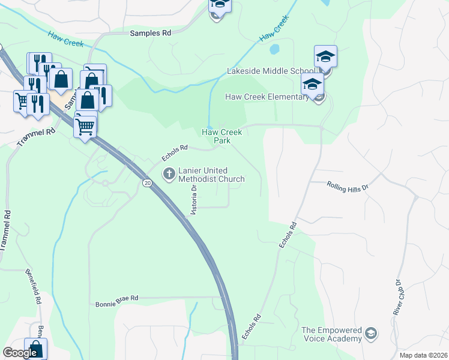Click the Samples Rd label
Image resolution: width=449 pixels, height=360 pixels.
coord(151,34)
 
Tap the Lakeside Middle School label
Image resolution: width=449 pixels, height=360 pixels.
coord(267,71)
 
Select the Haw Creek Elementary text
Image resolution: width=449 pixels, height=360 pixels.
coord(267,97)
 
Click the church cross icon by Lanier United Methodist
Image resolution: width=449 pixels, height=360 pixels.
coord(169,174)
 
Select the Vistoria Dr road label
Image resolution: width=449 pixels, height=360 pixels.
coord(193,200)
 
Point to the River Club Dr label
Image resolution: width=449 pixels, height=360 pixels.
coord(397,299)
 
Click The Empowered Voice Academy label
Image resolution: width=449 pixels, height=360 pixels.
coord(331,334)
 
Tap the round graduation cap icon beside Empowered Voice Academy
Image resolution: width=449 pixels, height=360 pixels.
coord(372,332)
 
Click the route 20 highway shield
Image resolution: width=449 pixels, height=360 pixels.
coord(147,182)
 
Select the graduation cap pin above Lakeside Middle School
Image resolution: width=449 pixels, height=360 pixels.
coord(325,57)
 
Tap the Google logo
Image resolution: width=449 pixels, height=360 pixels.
coord(20,353)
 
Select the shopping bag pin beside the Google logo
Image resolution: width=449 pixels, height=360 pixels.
coord(35,349)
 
